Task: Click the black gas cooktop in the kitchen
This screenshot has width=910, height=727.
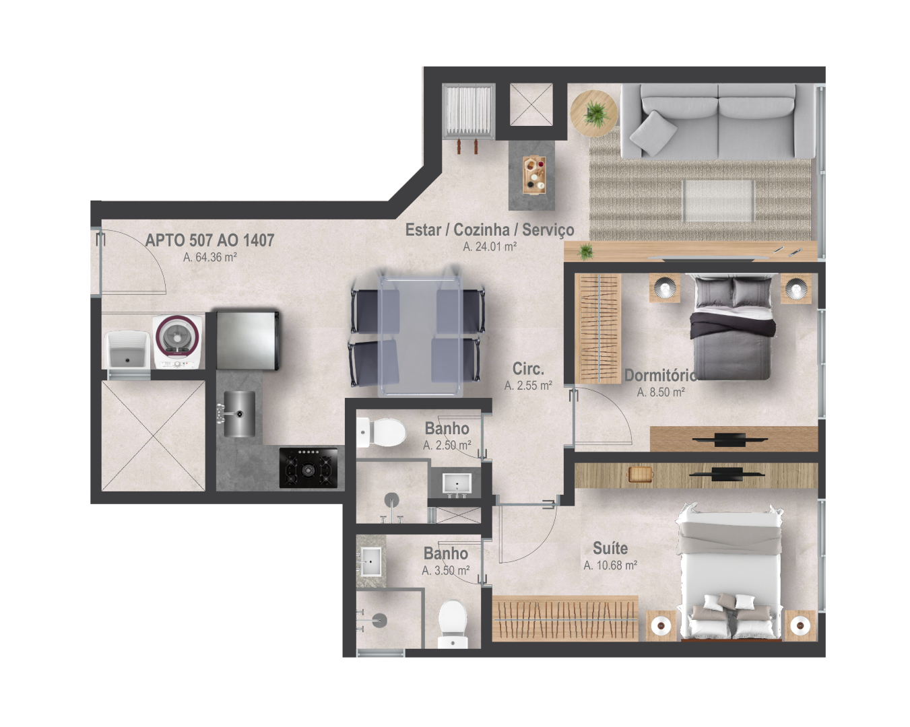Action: click(308, 468)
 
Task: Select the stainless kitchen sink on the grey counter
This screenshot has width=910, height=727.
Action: click(239, 414)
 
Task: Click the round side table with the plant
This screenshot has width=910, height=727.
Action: click(593, 113)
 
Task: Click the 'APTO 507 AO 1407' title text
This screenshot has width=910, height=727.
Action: click(209, 240)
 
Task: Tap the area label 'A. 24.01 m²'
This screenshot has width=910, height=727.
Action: click(490, 246)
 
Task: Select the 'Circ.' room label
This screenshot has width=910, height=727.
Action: click(528, 369)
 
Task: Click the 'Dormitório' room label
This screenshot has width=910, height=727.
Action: click(660, 375)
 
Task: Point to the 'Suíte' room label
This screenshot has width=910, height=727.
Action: click(610, 548)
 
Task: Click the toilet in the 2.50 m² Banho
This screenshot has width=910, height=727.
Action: click(381, 432)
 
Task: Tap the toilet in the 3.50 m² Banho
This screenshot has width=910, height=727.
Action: click(453, 624)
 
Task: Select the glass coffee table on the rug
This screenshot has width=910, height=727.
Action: click(719, 201)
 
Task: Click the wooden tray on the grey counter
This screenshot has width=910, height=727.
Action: click(534, 175)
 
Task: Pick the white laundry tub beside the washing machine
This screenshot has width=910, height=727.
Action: click(127, 350)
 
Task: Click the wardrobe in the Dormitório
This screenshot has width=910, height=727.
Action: click(599, 328)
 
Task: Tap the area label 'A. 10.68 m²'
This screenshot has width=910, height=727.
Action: click(610, 565)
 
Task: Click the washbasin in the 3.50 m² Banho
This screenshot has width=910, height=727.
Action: click(371, 561)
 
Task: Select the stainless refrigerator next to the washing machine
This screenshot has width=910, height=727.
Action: click(248, 341)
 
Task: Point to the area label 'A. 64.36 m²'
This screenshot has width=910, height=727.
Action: click(209, 257)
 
